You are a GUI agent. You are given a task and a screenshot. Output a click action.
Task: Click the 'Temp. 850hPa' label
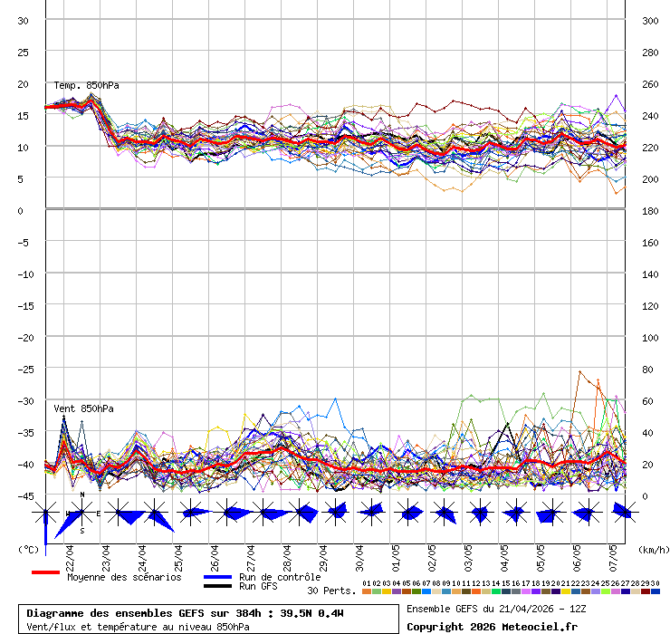click(86, 85)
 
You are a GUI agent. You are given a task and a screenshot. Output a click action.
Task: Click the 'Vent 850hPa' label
click(83, 408)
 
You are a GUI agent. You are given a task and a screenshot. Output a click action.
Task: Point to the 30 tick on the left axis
click(24, 21)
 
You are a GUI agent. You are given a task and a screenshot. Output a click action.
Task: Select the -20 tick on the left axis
click(24, 338)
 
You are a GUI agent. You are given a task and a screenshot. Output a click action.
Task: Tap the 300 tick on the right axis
click(650, 21)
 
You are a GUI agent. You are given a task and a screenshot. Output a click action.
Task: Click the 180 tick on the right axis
click(650, 211)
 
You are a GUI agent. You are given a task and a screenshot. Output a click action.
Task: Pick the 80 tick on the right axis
click(646, 370)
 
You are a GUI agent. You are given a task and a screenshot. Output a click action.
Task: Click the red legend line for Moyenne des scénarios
click(45, 572)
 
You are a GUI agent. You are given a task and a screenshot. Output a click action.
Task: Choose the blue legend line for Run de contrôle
click(217, 577)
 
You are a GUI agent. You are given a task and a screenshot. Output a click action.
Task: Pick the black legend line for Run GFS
click(217, 586)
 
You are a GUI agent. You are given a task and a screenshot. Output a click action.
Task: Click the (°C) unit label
click(28, 549)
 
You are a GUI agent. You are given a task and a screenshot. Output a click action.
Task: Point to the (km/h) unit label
click(652, 549)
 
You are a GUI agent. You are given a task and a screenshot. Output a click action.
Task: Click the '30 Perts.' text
click(331, 591)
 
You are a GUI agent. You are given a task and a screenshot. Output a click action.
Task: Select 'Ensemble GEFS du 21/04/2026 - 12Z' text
click(495, 609)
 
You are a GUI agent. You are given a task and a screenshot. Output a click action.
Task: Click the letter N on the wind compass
click(82, 495)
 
